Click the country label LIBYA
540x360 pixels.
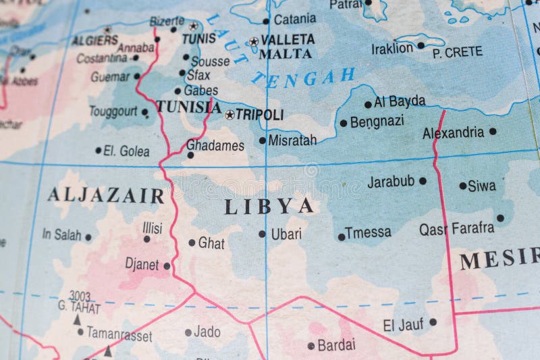pyautogui.click(x=269, y=205)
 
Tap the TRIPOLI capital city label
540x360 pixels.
pyautogui.click(x=259, y=115)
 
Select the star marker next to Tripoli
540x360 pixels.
pyautogui.click(x=230, y=115)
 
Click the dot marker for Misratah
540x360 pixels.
pyautogui.click(x=263, y=140)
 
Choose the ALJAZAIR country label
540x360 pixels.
pyautogui.click(x=105, y=196)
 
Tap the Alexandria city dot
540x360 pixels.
pyautogui.click(x=493, y=131)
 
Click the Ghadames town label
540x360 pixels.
pyautogui.click(x=215, y=145)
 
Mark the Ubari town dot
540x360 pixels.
pyautogui.click(x=262, y=234)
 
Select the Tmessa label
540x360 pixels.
pyautogui.click(x=368, y=233)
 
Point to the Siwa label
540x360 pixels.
pyautogui.click(x=481, y=185)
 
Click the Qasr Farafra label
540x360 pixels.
pyautogui.click(x=456, y=228)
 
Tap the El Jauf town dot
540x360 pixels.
pyautogui.click(x=433, y=322)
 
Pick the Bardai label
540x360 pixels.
pyautogui.click(x=336, y=346)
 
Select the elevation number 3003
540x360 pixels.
pyautogui.click(x=79, y=296)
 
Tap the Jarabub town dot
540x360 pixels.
pyautogui.click(x=423, y=181)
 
